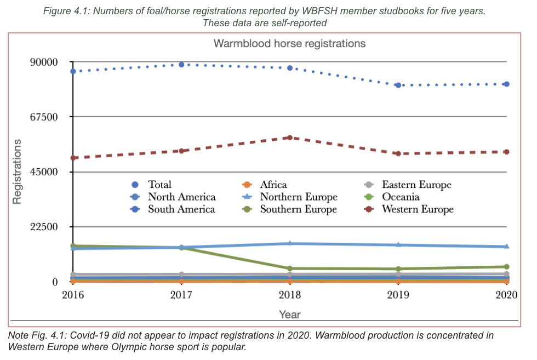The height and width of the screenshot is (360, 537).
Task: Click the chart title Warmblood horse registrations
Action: coord(289,43)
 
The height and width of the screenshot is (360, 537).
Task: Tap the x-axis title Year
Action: coord(289,315)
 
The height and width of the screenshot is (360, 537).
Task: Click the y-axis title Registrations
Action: coord(18,172)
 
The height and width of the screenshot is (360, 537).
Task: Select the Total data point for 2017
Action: coord(181,65)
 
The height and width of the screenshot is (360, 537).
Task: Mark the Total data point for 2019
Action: coord(398,85)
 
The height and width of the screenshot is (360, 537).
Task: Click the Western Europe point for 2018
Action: coord(290,138)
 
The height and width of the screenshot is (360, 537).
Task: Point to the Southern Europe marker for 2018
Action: coord(290,268)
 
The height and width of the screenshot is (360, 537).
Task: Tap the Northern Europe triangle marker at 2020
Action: coord(506,247)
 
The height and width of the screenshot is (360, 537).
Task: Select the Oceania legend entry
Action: coord(401,197)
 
